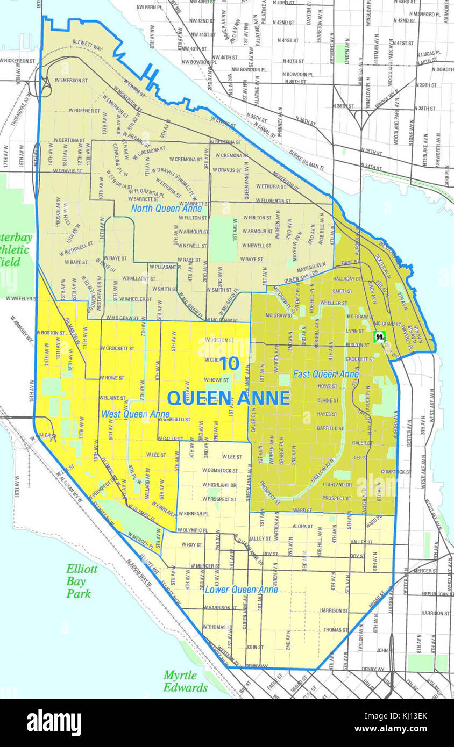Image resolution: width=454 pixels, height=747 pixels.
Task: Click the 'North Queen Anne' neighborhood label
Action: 167,209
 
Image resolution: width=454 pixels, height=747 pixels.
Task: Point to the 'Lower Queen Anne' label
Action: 242,590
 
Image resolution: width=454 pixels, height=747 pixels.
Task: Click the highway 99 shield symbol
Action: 380,337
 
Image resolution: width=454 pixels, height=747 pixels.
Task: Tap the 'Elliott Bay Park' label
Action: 82,581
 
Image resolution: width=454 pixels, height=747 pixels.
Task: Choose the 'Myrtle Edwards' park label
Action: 185,681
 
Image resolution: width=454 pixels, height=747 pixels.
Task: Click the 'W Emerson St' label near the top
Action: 70,80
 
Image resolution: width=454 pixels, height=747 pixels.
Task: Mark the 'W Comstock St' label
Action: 219,471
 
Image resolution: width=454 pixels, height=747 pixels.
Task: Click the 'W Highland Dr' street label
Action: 219,485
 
